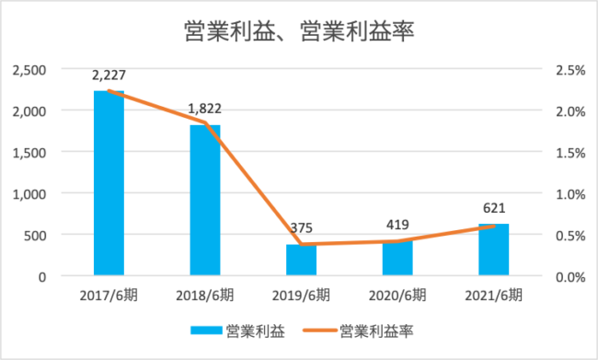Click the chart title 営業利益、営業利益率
coord(299,31)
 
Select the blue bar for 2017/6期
coord(109,183)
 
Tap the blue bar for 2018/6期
coord(205,200)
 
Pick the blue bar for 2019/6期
coord(301,260)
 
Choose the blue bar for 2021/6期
coord(494,250)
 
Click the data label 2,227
coord(109,75)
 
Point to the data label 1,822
coord(205,109)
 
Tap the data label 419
coord(397,225)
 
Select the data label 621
coord(494,208)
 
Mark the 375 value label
coord(301,228)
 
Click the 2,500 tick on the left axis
coord(29,70)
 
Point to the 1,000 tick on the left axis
coord(29,194)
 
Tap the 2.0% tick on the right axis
coord(570,111)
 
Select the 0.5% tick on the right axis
coord(570,236)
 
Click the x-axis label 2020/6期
coord(397,296)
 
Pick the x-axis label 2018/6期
coord(205,296)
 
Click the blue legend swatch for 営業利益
coord(206,331)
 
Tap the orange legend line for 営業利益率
coord(320,331)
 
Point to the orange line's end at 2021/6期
coord(494,226)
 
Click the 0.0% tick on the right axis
coord(570,277)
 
